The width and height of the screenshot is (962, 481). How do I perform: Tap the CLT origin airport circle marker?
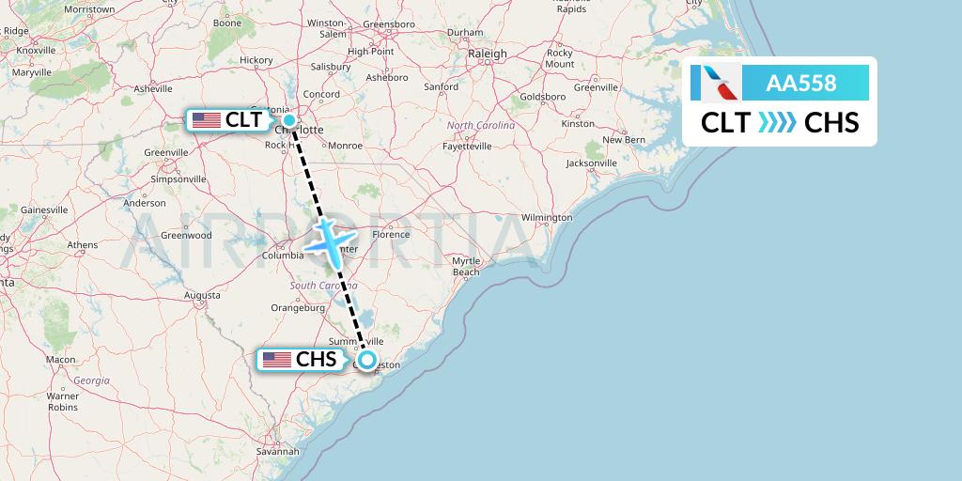click(289, 120)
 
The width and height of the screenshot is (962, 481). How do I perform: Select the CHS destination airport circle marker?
click(367, 359)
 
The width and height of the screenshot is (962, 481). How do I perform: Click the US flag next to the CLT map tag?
click(206, 120)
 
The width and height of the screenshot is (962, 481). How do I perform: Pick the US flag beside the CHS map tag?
click(276, 359)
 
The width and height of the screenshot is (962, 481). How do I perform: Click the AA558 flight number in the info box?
click(801, 83)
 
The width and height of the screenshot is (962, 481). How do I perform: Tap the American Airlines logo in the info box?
click(716, 83)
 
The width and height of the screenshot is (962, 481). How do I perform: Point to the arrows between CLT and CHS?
click(776, 122)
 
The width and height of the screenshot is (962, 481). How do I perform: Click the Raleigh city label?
click(488, 54)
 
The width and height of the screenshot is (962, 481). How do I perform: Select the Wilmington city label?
click(547, 218)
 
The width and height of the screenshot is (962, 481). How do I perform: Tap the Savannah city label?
click(277, 452)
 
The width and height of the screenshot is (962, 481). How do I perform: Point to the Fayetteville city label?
click(467, 147)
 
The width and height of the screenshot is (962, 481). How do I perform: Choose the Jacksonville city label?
click(592, 163)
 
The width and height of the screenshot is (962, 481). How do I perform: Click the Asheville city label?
click(153, 89)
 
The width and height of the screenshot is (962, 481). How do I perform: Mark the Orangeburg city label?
click(297, 307)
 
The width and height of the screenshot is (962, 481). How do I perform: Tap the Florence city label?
click(391, 234)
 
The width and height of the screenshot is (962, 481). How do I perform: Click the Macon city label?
click(61, 360)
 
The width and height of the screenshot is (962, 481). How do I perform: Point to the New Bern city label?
click(624, 140)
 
